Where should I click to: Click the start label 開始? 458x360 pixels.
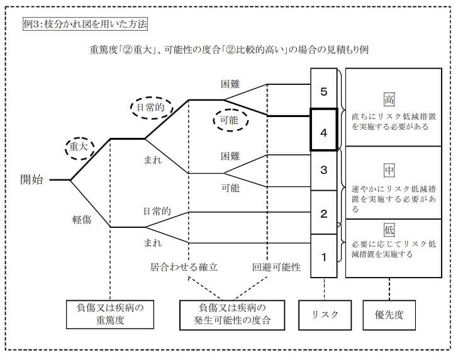click(x=31, y=179)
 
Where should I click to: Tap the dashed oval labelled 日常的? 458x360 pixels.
click(x=151, y=108)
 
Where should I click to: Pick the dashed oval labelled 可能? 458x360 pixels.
click(x=230, y=120)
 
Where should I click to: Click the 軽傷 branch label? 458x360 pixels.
click(x=82, y=220)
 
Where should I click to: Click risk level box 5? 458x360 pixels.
click(x=324, y=92)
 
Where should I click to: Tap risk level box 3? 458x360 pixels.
click(x=324, y=170)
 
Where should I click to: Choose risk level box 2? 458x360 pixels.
click(x=324, y=213)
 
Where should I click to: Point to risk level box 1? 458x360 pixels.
click(x=324, y=256)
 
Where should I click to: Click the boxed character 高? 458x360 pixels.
click(x=389, y=99)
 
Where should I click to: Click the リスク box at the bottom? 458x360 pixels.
click(x=325, y=314)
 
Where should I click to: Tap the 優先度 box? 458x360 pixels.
click(x=389, y=314)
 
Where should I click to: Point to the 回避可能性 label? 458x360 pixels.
click(x=276, y=267)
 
